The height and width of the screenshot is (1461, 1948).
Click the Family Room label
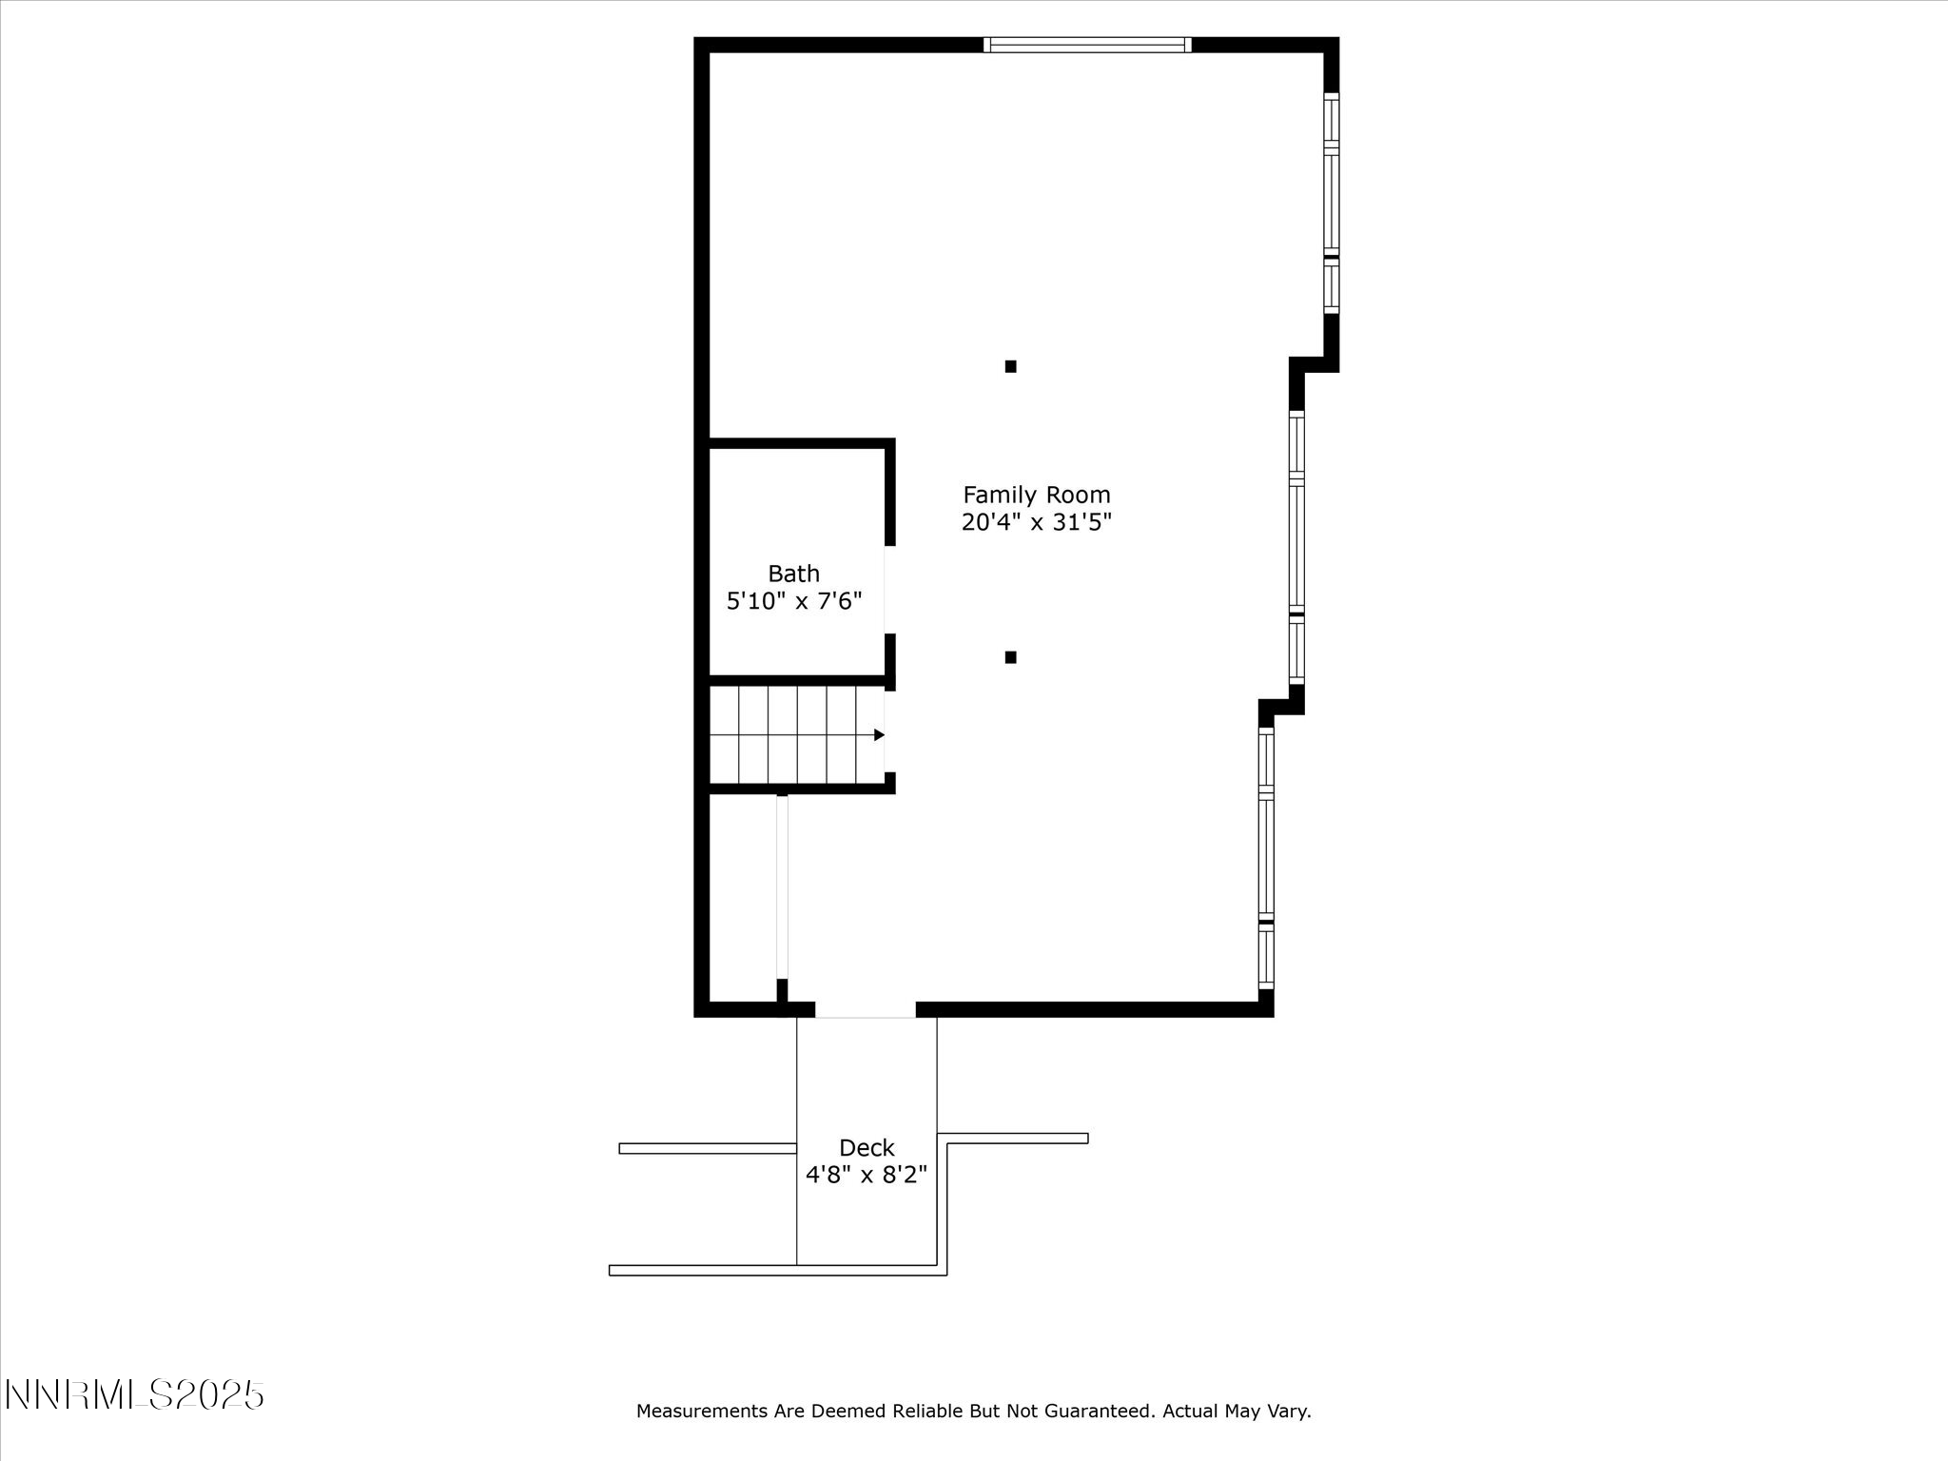1036,495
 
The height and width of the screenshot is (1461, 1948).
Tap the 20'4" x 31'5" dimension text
1036,522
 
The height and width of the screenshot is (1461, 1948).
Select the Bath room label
793,574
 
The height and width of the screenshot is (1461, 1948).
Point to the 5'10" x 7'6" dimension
793,601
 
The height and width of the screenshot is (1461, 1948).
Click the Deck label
867,1148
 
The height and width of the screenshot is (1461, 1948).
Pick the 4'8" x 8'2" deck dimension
867,1176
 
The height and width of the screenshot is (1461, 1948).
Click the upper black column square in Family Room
1011,366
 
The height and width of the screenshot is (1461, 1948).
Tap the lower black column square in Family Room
1011,657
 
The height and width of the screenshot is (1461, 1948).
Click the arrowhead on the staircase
879,735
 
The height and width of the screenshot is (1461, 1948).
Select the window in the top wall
1087,45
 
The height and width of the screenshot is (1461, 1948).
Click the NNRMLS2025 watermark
134,1395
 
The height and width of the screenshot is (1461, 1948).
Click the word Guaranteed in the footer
1099,1412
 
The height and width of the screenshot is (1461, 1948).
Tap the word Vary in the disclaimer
1291,1412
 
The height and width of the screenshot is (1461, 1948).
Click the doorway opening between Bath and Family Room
889,590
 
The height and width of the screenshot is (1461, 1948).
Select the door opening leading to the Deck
866,1010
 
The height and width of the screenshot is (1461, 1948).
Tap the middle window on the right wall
1296,548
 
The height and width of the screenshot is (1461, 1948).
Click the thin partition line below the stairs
782,886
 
